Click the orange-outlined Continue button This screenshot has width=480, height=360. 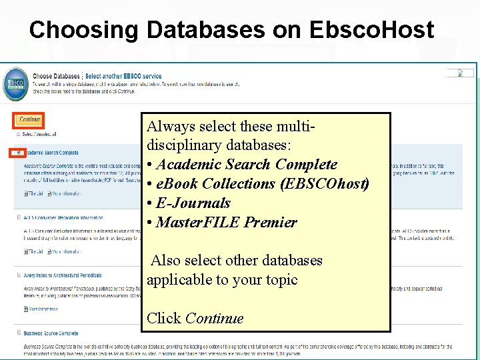(x=29, y=120)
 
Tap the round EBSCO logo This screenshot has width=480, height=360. (x=15, y=85)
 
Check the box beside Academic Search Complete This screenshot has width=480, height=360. (x=17, y=153)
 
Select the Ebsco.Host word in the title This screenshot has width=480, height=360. (x=371, y=29)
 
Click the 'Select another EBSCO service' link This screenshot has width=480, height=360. (x=123, y=77)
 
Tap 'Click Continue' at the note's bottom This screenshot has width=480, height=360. (x=195, y=318)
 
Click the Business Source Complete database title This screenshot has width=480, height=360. (x=51, y=333)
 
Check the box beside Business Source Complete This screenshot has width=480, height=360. (x=17, y=333)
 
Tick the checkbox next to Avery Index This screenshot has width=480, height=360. (x=17, y=275)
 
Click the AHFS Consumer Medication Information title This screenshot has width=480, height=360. (x=63, y=217)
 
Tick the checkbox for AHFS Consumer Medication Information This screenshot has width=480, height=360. (x=17, y=217)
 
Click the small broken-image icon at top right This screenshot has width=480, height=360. (x=460, y=73)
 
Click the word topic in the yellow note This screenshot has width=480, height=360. (x=281, y=279)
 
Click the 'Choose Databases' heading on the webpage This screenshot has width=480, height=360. (x=56, y=77)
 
